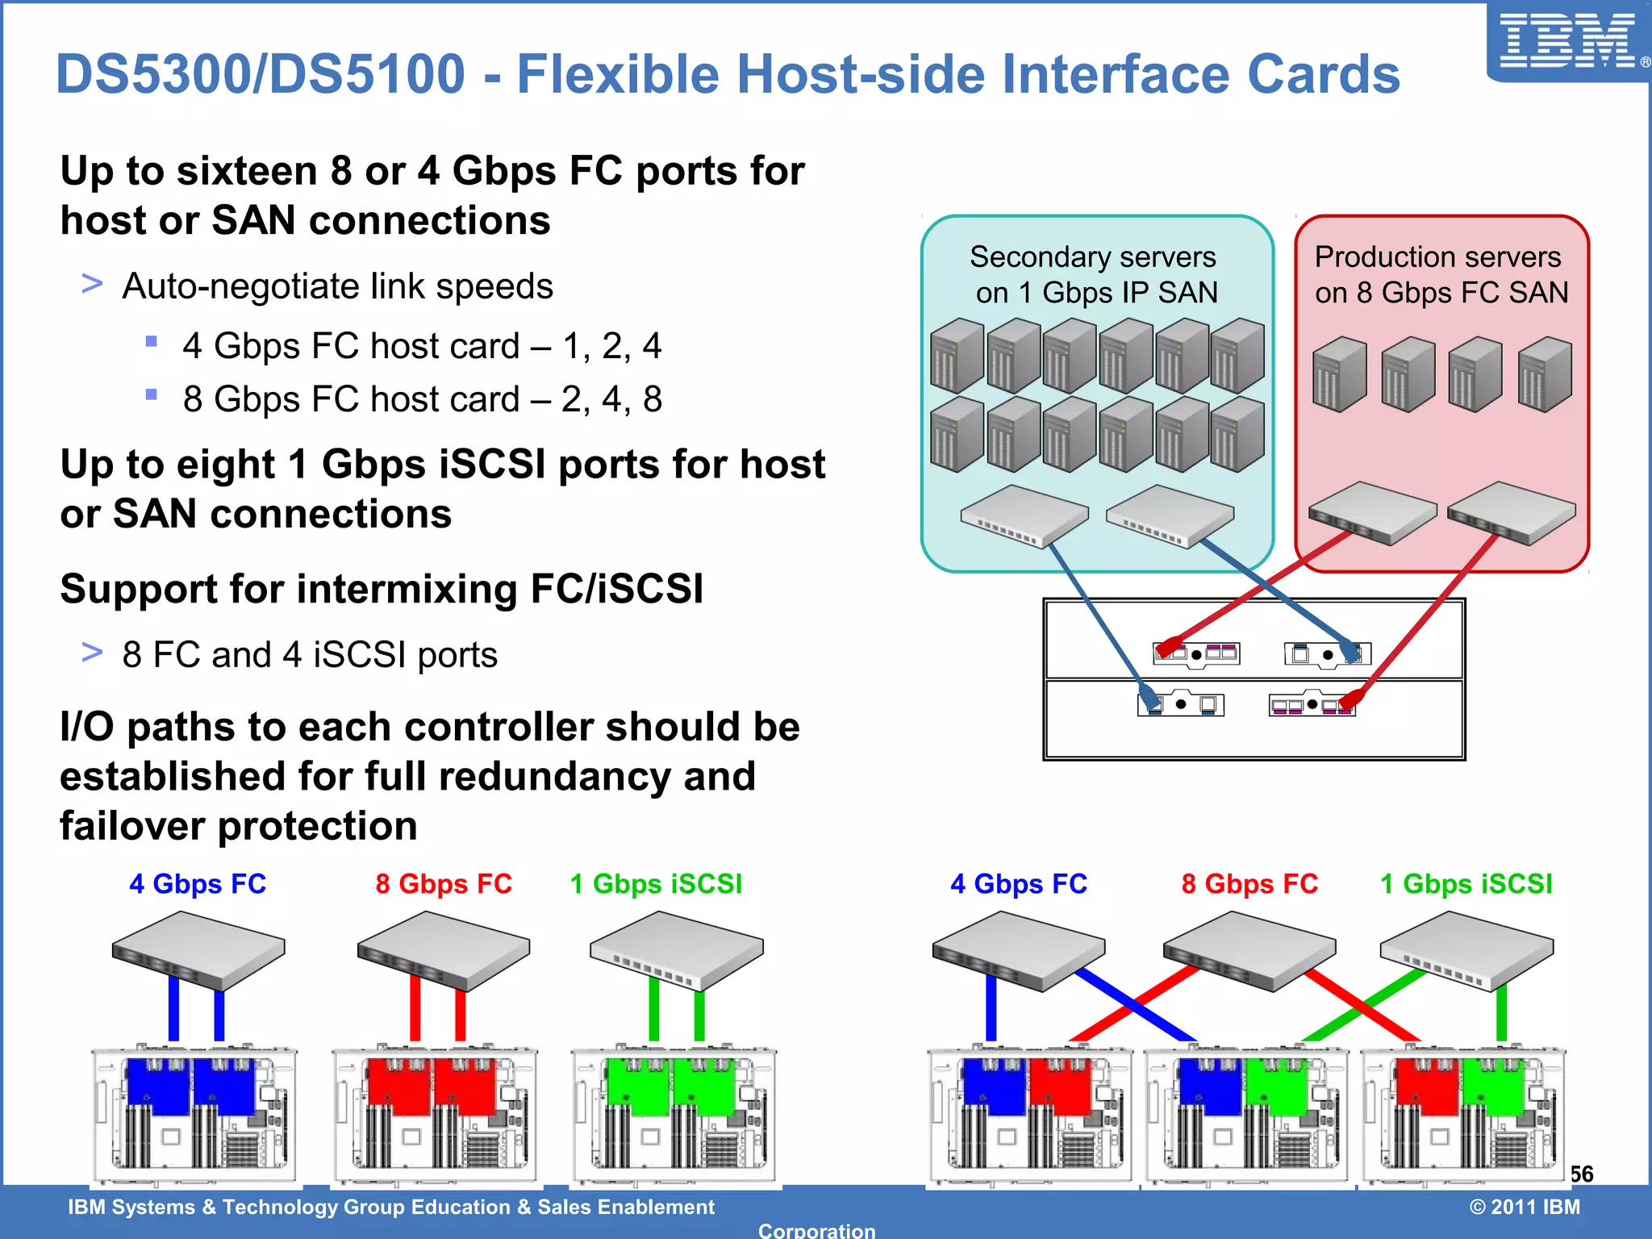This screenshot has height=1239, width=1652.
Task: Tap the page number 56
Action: pos(1581,1174)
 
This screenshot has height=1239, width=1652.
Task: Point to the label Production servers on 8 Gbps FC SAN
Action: pos(1441,274)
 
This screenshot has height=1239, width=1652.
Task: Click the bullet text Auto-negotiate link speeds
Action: pos(337,286)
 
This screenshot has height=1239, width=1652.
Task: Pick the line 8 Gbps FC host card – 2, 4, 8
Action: pos(422,399)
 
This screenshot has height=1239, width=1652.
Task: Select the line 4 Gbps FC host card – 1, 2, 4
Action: pos(422,346)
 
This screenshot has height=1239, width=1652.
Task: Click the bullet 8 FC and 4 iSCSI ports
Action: pos(310,655)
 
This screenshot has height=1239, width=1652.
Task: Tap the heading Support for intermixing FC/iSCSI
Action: pos(382,589)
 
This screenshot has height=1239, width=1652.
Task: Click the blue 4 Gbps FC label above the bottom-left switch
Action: pos(198,884)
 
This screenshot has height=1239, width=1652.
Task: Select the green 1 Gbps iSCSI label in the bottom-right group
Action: pos(1466,884)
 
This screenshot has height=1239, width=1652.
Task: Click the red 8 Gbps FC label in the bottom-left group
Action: pos(444,884)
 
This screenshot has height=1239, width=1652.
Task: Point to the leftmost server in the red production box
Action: pos(1339,374)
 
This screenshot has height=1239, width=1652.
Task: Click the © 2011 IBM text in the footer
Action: pos(1525,1207)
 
